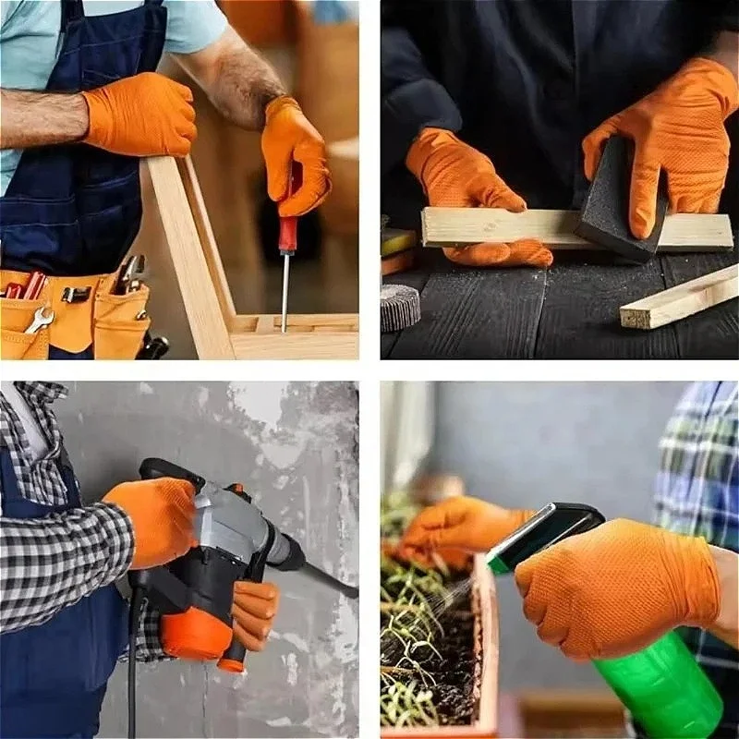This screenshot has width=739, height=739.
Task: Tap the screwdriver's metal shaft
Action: pyautogui.click(x=285, y=291)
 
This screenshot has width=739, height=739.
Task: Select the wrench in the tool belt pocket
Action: pyautogui.click(x=39, y=319)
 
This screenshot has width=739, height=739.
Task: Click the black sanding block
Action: pyautogui.click(x=621, y=199)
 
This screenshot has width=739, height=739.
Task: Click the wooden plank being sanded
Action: pyautogui.click(x=499, y=226)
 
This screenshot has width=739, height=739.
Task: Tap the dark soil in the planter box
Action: pyautogui.click(x=434, y=647)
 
